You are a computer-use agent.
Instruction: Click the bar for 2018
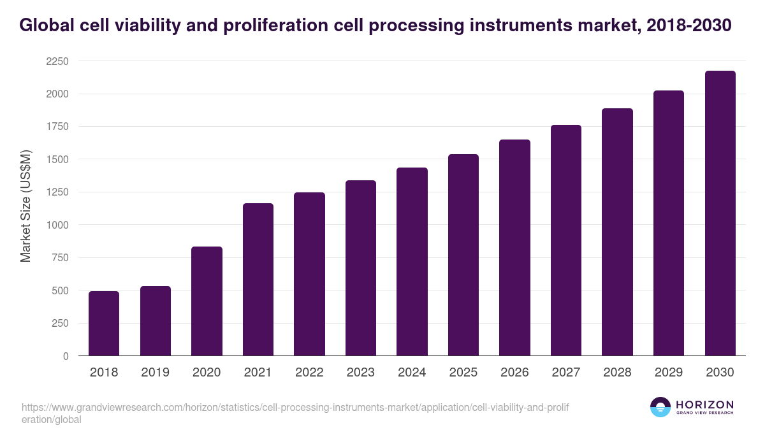(x=104, y=324)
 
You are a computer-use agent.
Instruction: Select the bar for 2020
(x=207, y=301)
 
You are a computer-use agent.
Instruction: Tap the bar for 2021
(x=258, y=280)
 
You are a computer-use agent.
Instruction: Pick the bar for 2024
(x=412, y=262)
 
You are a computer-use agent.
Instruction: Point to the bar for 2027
(x=566, y=240)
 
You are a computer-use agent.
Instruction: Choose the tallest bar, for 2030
(x=720, y=213)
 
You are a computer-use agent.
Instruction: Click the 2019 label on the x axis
(x=155, y=373)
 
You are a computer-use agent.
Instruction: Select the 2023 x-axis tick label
(x=361, y=373)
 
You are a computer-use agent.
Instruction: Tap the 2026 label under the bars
(x=514, y=373)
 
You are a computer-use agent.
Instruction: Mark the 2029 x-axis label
(x=669, y=373)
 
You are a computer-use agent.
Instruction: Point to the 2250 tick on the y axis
(x=57, y=61)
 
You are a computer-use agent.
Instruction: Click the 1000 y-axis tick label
(x=57, y=225)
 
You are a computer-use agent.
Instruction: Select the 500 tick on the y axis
(x=61, y=290)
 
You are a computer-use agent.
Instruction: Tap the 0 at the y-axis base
(x=66, y=356)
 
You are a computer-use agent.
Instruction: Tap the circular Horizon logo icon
(x=660, y=407)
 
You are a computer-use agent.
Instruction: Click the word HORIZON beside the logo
(x=704, y=404)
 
